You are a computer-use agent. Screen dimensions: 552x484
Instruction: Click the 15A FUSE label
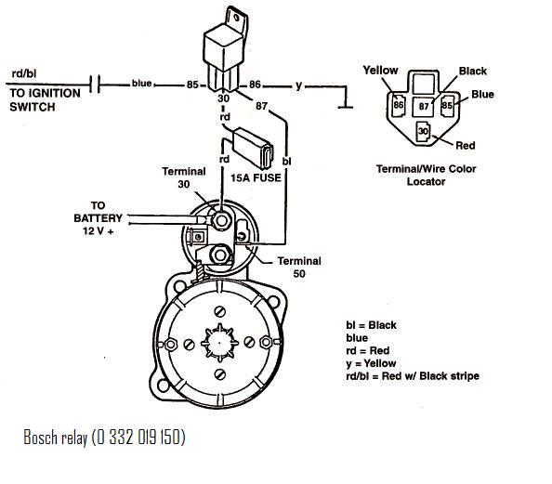point(256,177)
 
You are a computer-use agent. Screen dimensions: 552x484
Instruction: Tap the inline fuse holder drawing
point(253,147)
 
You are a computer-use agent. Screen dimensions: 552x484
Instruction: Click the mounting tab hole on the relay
point(238,17)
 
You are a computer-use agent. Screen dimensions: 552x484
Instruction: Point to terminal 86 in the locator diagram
point(398,105)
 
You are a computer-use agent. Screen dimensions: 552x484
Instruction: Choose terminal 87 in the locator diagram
point(424,106)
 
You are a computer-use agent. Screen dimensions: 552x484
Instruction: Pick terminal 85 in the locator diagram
point(447,105)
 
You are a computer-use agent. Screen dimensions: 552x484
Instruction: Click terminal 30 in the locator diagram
point(423,132)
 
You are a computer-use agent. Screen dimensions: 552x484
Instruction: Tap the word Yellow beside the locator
point(380,70)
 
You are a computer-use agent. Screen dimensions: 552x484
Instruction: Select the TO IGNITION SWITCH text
point(45,100)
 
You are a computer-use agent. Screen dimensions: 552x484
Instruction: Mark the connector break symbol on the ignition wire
point(95,84)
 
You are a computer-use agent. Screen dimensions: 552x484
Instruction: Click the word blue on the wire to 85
point(141,84)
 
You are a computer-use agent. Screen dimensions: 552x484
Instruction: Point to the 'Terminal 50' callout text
point(299,268)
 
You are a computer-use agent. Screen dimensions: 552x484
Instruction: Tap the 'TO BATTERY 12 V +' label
point(98,218)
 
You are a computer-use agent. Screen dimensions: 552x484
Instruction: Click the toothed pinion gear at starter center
point(219,343)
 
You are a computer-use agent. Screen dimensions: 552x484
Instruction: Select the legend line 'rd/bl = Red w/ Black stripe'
point(413,376)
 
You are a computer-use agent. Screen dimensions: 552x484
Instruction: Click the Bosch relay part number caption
point(104,438)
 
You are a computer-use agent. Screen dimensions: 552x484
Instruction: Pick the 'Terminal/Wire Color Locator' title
point(426,175)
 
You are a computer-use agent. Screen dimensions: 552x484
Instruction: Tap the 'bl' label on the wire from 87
point(286,162)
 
